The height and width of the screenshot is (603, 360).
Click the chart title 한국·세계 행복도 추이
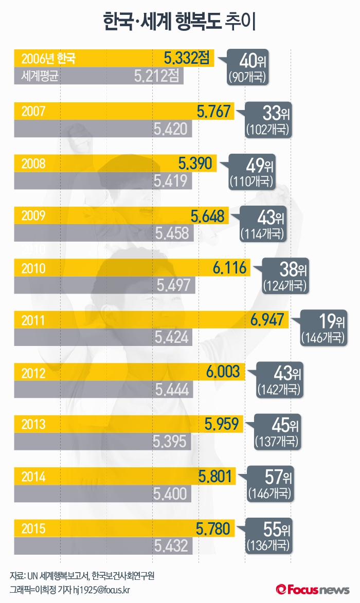point(179,22)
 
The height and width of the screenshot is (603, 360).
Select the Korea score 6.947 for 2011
point(267,320)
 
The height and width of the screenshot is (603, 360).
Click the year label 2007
point(33,111)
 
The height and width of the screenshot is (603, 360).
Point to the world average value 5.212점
point(156,77)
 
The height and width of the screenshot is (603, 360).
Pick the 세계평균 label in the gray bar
point(42,77)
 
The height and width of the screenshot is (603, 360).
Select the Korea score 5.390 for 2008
point(195,163)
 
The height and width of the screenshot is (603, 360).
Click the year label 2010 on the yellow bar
point(33,268)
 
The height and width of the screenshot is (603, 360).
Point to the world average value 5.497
point(173,285)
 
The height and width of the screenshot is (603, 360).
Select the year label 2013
point(33,425)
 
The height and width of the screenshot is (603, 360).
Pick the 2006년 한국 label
point(48,58)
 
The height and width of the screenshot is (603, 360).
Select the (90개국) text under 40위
point(248,77)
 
